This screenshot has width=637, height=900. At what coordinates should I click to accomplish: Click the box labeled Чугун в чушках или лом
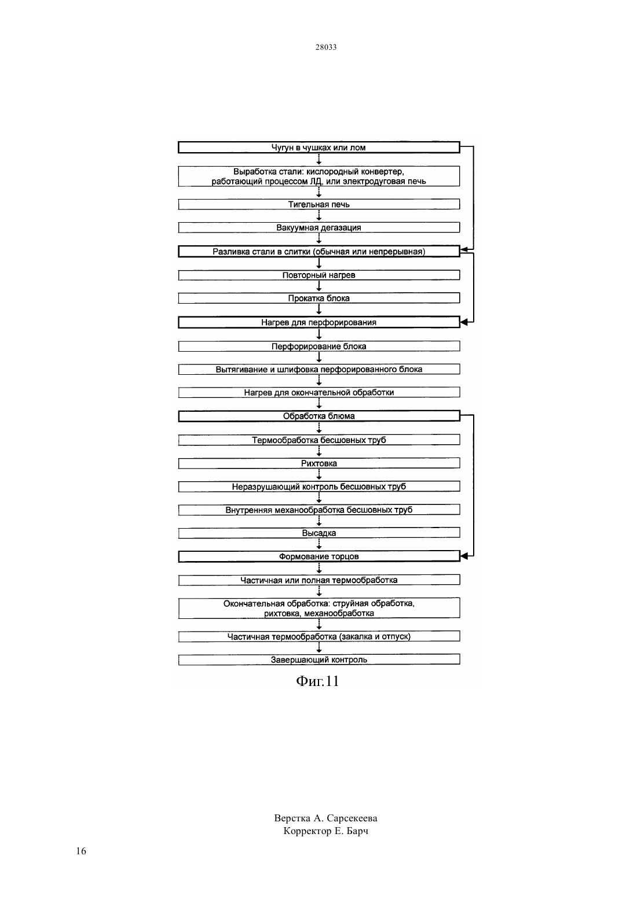[319, 147]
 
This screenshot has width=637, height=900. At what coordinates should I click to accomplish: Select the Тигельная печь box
[319, 204]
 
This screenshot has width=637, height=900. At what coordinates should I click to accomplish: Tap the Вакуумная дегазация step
[319, 227]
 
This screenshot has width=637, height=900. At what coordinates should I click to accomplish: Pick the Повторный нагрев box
[319, 275]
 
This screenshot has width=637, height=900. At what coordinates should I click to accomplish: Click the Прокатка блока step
[319, 298]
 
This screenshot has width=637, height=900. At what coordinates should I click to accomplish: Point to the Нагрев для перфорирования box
[319, 322]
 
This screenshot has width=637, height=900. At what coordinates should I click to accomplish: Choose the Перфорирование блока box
[319, 346]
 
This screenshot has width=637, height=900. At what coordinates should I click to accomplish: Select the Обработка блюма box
[319, 416]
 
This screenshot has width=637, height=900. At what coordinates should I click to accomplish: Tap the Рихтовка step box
[319, 463]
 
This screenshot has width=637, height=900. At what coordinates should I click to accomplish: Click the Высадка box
[319, 533]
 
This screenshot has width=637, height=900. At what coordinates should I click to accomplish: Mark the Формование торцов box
[319, 556]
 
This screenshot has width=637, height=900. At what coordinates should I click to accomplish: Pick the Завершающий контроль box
[319, 659]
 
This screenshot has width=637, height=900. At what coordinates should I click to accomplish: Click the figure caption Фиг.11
[318, 681]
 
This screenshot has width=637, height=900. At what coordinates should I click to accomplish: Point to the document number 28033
[325, 47]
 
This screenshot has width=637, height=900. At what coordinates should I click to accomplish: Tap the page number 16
[81, 851]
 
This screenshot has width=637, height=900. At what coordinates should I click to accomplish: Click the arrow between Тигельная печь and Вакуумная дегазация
[319, 216]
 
